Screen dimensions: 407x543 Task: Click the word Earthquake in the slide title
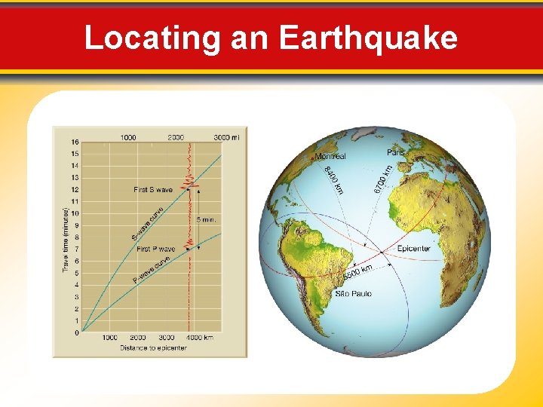point(368,37)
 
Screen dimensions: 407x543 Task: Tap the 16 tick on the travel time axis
point(75,142)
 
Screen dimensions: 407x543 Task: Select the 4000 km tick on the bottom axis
point(198,338)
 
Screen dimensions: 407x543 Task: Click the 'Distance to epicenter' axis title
point(153,347)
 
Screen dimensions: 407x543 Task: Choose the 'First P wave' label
point(155,249)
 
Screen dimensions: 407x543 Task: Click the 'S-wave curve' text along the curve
point(146,224)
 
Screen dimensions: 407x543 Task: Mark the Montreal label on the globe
point(330,157)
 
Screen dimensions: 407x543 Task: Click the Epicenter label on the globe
point(413,249)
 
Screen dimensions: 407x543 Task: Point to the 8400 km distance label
point(334,180)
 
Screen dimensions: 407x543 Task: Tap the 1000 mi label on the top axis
point(128,137)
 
